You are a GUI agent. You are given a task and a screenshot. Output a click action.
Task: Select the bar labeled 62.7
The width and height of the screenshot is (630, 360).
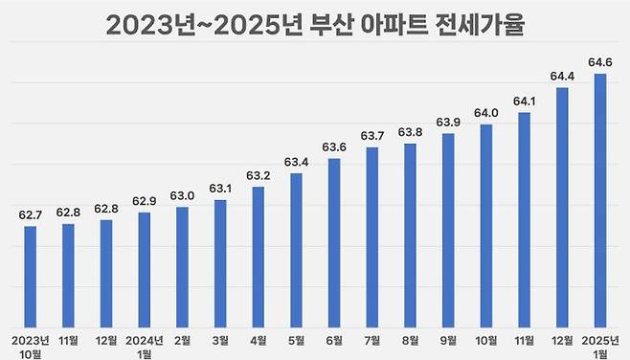(31, 276)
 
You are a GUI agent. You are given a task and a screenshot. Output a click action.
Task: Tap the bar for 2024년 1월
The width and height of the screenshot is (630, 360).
(145, 269)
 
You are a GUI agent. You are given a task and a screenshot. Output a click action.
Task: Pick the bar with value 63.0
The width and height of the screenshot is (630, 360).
(182, 266)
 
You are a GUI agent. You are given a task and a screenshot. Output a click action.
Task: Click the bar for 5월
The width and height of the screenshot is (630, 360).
(297, 249)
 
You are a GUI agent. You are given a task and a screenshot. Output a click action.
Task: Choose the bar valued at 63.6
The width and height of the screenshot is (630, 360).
(334, 241)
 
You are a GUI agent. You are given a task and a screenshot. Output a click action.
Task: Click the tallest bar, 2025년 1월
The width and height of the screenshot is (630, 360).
(600, 200)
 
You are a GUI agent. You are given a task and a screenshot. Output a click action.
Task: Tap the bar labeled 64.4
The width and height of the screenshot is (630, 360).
(563, 207)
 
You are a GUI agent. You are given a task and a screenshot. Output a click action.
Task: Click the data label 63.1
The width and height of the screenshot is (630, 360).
(220, 189)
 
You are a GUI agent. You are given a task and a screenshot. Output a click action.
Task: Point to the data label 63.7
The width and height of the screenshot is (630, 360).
(372, 136)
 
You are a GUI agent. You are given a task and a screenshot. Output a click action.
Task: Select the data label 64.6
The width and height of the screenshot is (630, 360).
(600, 63)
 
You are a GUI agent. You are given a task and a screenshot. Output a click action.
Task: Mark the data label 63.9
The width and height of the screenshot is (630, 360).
(449, 123)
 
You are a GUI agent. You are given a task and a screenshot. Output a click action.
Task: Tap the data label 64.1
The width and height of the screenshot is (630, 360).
(525, 101)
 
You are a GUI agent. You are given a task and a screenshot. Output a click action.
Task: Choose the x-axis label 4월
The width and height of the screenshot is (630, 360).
(259, 339)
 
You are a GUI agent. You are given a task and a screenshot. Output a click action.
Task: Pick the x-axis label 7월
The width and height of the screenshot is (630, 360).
(372, 339)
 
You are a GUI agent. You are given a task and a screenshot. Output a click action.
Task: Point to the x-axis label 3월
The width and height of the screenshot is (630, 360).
(220, 339)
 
